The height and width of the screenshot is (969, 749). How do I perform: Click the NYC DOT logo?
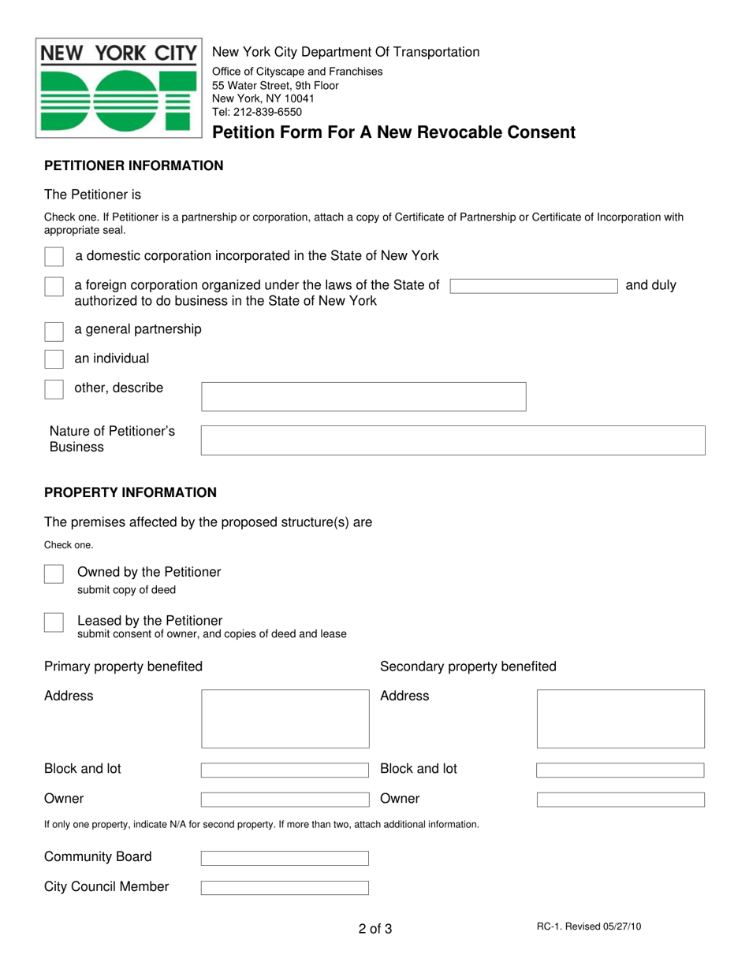pyautogui.click(x=118, y=88)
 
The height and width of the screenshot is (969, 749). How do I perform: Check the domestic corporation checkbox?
pyautogui.click(x=54, y=257)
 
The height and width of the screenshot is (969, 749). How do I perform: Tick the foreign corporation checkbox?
pyautogui.click(x=54, y=287)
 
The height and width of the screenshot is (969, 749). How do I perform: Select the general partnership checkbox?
pyautogui.click(x=54, y=330)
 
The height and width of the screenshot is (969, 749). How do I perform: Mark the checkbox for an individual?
pyautogui.click(x=54, y=359)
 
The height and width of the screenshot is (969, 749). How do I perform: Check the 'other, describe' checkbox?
pyautogui.click(x=54, y=389)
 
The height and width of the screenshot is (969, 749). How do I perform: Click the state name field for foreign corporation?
pyautogui.click(x=535, y=286)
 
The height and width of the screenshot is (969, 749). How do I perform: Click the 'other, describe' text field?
pyautogui.click(x=363, y=396)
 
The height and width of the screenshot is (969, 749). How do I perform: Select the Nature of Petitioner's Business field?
pyautogui.click(x=453, y=440)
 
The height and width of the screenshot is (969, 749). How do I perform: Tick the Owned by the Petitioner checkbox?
pyautogui.click(x=54, y=574)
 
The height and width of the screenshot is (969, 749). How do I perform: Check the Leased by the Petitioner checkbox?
pyautogui.click(x=54, y=622)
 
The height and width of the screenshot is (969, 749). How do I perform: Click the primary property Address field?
pyautogui.click(x=285, y=718)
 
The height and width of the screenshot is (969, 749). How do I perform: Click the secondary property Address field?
pyautogui.click(x=620, y=718)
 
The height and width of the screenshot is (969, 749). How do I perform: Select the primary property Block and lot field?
pyautogui.click(x=285, y=770)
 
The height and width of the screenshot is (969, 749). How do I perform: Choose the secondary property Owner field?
pyautogui.click(x=620, y=800)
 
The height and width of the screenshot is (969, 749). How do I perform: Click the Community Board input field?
pyautogui.click(x=285, y=858)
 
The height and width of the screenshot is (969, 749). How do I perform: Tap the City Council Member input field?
pyautogui.click(x=285, y=888)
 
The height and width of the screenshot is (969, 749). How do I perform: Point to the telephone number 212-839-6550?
pyautogui.click(x=268, y=112)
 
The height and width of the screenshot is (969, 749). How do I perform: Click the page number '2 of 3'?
pyautogui.click(x=374, y=929)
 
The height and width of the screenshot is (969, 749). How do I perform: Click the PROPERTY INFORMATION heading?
pyautogui.click(x=130, y=492)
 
